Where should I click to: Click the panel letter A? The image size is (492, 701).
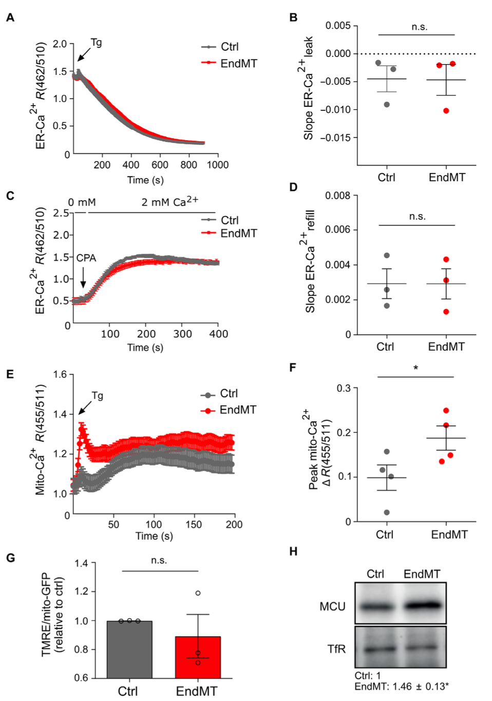[x=10, y=18]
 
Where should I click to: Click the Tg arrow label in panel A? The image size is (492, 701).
[x=96, y=43]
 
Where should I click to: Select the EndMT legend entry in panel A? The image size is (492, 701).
[x=238, y=64]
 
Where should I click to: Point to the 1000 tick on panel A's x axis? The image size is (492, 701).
[x=218, y=165]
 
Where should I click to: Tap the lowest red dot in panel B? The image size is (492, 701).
[x=446, y=110]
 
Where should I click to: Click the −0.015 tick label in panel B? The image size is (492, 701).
[x=338, y=138]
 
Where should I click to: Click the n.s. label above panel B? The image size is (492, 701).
[x=419, y=27]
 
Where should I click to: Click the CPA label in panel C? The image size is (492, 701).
[x=86, y=258]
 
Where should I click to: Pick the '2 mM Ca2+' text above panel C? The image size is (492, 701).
[x=169, y=202]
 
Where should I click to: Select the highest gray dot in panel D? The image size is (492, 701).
[x=387, y=256]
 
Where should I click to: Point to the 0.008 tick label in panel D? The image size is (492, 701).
[x=337, y=196]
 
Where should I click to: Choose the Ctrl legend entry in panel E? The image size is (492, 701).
[x=229, y=394]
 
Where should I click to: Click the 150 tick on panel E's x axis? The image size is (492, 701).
[x=194, y=524]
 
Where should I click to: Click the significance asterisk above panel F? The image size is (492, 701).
[x=415, y=368]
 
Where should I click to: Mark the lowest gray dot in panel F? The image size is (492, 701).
[x=387, y=512]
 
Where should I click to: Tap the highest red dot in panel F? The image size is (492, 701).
[x=446, y=411]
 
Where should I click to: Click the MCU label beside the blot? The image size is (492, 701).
[x=332, y=607]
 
